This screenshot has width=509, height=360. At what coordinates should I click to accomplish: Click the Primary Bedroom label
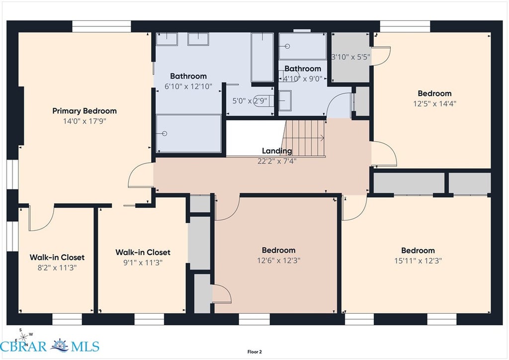point(85,111)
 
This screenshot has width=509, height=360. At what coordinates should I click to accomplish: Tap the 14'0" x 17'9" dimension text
point(85,121)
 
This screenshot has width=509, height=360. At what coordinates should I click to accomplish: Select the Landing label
point(277,151)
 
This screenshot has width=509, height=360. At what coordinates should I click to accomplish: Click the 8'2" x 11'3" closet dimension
point(57,268)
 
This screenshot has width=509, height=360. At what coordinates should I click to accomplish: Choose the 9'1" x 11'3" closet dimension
point(143,263)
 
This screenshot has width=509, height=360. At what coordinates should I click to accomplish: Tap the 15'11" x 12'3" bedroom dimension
point(418,261)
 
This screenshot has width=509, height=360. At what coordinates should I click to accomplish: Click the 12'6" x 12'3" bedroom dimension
point(279,261)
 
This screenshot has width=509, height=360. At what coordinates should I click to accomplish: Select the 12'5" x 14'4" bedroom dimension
point(434,103)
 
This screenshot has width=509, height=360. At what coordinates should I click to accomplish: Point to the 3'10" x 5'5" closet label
point(351,57)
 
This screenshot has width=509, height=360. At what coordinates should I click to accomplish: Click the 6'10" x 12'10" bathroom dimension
point(188,87)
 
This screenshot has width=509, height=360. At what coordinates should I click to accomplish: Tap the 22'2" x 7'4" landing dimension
point(277,161)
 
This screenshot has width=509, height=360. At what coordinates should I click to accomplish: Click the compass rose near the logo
point(23,337)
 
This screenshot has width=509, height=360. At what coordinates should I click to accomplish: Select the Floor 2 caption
point(254,352)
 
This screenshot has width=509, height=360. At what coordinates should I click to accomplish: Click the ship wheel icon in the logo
point(60,346)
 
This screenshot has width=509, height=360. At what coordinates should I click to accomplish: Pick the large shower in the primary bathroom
point(188,133)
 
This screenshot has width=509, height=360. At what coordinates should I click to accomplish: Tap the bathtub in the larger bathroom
point(262,58)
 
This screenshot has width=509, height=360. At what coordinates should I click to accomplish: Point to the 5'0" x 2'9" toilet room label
point(250,101)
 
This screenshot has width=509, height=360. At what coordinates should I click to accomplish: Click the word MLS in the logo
point(85,347)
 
